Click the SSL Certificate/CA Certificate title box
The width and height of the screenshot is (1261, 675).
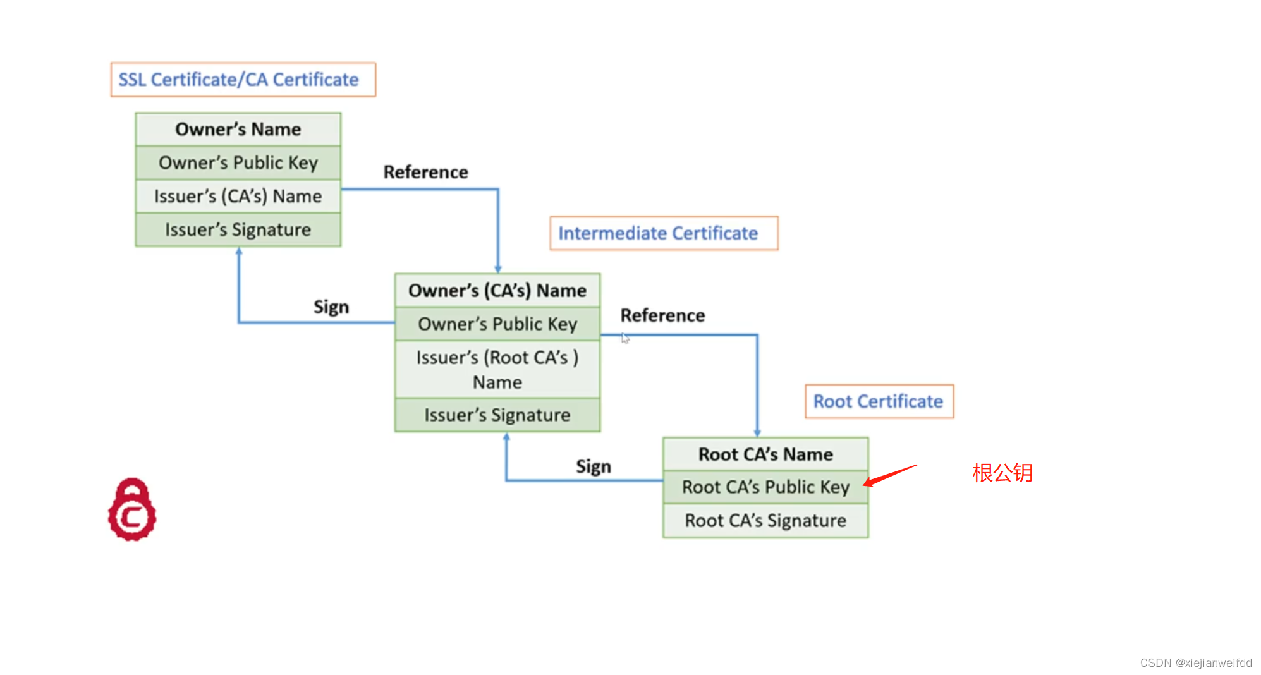[x=243, y=80]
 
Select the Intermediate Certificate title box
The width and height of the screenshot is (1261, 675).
[x=663, y=233]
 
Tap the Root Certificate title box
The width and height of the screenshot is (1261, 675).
[x=879, y=401]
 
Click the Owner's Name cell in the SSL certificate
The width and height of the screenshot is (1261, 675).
[x=238, y=130]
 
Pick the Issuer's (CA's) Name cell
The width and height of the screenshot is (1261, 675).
[x=238, y=197]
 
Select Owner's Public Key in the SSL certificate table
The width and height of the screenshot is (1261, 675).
[x=238, y=163]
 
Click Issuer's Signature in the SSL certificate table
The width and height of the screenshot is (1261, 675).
[x=238, y=230]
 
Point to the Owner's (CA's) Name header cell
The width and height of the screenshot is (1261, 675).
[x=497, y=291]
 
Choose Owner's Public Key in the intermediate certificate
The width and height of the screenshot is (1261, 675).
[x=497, y=324]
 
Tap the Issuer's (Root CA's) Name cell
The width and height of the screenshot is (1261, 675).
[x=497, y=370]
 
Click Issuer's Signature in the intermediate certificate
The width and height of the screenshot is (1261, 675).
[x=497, y=415]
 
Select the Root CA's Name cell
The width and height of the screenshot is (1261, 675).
[x=765, y=454]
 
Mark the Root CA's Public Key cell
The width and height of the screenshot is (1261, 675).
[x=765, y=487]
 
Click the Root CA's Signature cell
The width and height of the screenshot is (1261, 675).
[x=765, y=521]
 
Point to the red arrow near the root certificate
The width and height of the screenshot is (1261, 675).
[x=889, y=476]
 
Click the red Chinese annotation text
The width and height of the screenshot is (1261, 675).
[x=1002, y=473]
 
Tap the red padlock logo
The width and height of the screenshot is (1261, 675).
[x=132, y=509]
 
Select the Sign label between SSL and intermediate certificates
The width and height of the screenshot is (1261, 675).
[x=331, y=307]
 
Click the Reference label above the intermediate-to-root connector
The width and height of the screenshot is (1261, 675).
[x=662, y=315]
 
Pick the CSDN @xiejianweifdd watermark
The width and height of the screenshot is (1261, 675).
[x=1195, y=662]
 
